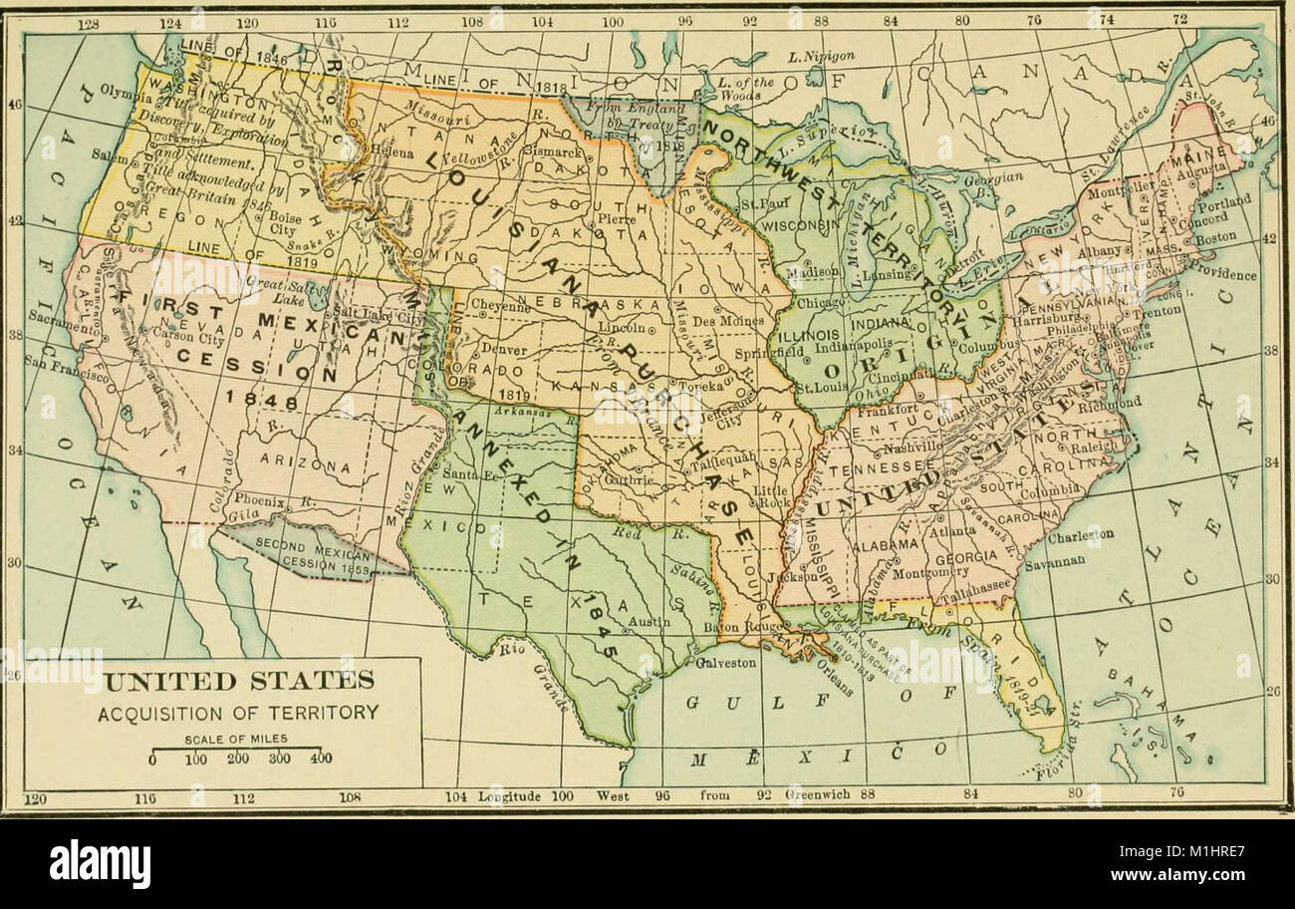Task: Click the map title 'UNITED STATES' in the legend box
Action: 240,682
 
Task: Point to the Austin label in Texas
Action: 647,622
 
